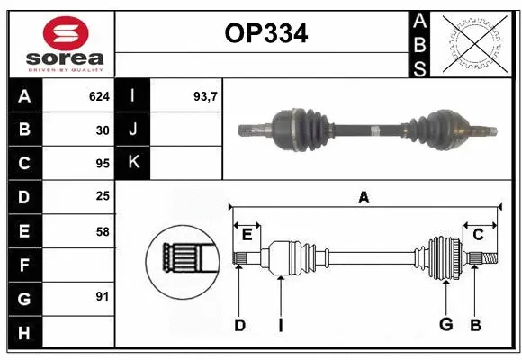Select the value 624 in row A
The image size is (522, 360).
(x=99, y=95)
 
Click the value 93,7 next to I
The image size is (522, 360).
(x=206, y=95)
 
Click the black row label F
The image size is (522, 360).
(x=24, y=265)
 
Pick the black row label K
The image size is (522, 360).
(x=133, y=163)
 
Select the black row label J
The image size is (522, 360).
(x=133, y=130)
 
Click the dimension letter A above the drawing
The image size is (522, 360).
(x=364, y=198)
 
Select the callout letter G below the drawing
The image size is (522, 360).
(x=445, y=324)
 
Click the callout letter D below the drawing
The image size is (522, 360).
(x=239, y=324)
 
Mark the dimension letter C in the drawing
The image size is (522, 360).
(x=479, y=234)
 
